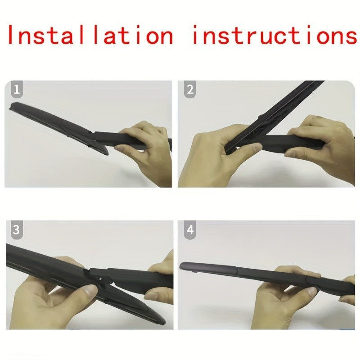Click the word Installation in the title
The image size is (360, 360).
point(90,35)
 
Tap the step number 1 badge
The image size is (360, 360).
point(17,89)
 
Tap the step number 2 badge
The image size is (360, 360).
point(190,89)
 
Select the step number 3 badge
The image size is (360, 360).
point(17,230)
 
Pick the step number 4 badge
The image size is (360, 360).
point(190,230)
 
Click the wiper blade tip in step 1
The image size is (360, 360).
point(12,107)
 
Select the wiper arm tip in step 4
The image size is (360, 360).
point(183,266)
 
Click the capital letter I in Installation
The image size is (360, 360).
point(11,35)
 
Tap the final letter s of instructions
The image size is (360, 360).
point(351,38)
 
